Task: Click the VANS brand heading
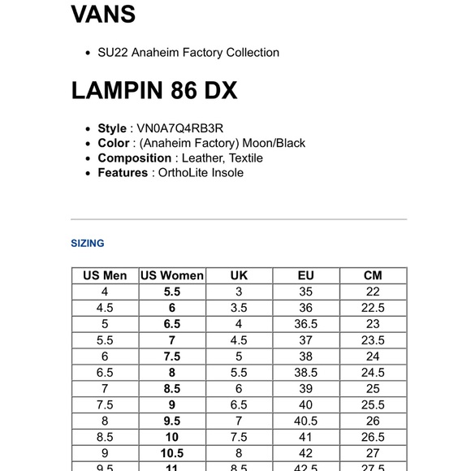pyautogui.click(x=103, y=14)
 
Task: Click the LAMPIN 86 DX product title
pyautogui.click(x=154, y=91)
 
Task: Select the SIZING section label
pyautogui.click(x=88, y=243)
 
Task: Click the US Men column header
pyautogui.click(x=105, y=275)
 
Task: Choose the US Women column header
pyautogui.click(x=172, y=275)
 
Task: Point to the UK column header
pyautogui.click(x=239, y=275)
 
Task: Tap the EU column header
pyautogui.click(x=305, y=275)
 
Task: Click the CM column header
pyautogui.click(x=373, y=275)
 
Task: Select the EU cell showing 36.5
pyautogui.click(x=305, y=324)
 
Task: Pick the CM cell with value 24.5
pyautogui.click(x=373, y=373)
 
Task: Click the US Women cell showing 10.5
pyautogui.click(x=172, y=453)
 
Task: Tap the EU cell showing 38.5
pyautogui.click(x=305, y=373)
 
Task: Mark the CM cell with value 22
pyautogui.click(x=373, y=292)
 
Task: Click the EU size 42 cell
pyautogui.click(x=305, y=453)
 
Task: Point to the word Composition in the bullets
pyautogui.click(x=135, y=158)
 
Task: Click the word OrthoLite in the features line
pyautogui.click(x=187, y=172)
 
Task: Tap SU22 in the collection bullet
pyautogui.click(x=113, y=53)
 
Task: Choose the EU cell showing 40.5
pyautogui.click(x=305, y=421)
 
